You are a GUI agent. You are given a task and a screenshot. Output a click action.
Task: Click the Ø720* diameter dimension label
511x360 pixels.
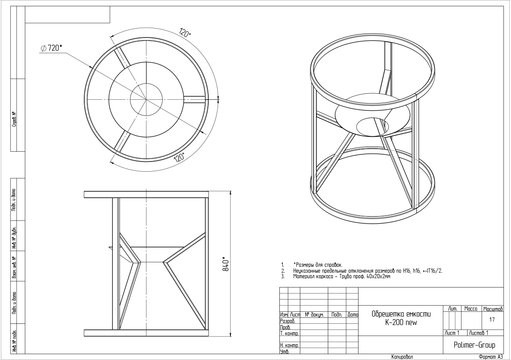click(x=51, y=48)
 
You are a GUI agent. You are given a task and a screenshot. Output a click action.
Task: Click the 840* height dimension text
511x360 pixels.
click(x=225, y=265)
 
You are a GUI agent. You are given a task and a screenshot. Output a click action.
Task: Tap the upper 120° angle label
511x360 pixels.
click(x=185, y=33)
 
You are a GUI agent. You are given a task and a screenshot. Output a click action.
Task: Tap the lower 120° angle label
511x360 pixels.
click(x=179, y=158)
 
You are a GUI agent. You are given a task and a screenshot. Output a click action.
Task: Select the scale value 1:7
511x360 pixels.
click(x=492, y=320)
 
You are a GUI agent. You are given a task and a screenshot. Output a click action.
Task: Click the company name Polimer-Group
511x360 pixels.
click(x=474, y=345)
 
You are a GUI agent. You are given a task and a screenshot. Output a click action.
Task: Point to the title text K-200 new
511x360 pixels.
click(x=401, y=323)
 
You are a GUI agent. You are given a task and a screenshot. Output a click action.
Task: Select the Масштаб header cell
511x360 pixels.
click(x=493, y=309)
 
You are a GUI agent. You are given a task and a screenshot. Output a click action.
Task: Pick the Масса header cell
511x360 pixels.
click(x=471, y=309)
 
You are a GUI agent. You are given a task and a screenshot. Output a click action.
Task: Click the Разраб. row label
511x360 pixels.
click(x=288, y=321)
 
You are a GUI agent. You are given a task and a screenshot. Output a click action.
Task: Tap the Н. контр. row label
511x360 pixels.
click(x=290, y=346)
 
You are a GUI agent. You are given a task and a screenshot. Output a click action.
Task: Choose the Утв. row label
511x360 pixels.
click(x=284, y=352)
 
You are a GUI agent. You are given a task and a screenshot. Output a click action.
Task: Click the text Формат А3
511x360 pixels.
click(x=491, y=357)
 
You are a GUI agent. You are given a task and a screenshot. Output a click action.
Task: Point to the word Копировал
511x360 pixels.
click(x=402, y=357)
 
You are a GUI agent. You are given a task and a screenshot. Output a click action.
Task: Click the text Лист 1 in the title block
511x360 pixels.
click(x=452, y=333)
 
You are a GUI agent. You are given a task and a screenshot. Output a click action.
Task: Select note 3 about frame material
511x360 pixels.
click(x=336, y=276)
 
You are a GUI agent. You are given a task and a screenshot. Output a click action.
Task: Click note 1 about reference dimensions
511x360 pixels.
click(x=312, y=265)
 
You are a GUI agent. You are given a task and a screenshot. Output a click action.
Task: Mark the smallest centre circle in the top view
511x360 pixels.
click(x=146, y=100)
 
